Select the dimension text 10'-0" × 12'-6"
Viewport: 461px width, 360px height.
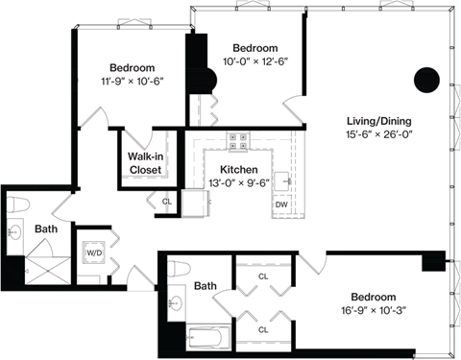255,61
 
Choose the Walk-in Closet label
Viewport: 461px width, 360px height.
146,162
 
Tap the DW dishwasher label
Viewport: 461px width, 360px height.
282,204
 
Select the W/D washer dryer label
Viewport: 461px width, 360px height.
95,254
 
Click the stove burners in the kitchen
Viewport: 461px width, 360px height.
237,141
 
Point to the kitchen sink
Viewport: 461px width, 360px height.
283,180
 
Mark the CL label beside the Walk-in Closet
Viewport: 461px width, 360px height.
166,201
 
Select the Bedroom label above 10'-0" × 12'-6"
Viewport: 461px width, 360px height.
255,47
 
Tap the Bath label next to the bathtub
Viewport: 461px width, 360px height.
206,286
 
